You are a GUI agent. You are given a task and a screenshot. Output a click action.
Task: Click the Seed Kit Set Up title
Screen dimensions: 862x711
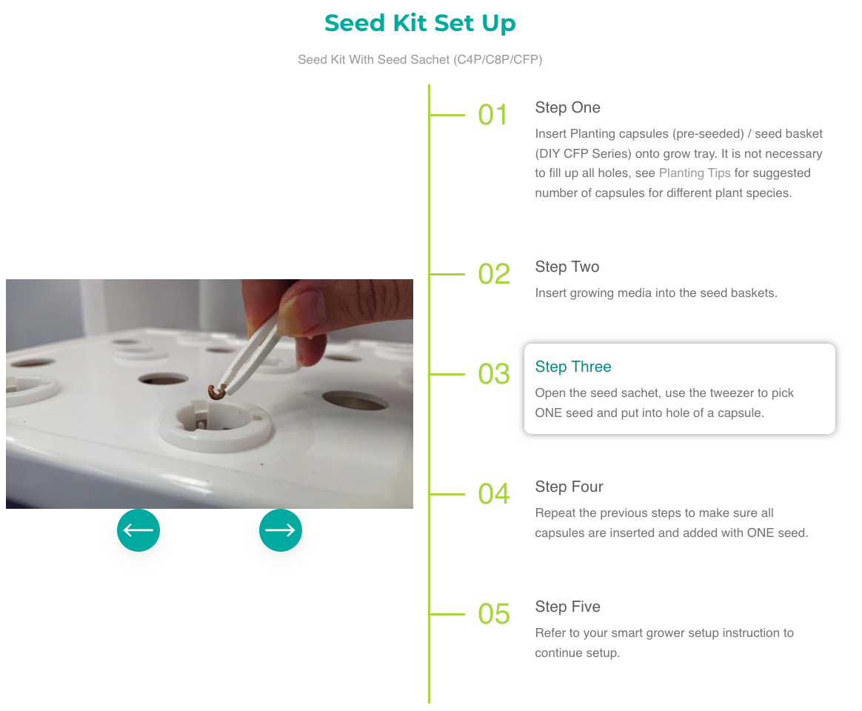420,23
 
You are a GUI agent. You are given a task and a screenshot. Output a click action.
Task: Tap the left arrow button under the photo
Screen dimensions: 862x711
138,530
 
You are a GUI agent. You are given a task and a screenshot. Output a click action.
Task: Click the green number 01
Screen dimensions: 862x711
492,115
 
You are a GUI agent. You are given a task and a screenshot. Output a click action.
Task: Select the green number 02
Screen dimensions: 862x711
494,274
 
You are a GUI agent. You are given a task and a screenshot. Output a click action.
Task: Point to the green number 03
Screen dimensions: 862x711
494,374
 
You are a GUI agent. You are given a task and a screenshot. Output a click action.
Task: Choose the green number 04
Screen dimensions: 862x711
494,494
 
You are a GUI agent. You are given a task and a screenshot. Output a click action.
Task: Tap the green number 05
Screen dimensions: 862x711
494,614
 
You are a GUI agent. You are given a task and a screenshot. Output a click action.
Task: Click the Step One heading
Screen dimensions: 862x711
567,107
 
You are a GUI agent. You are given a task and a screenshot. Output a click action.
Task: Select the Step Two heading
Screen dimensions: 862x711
567,267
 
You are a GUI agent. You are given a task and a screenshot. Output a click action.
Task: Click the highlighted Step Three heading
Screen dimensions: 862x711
573,367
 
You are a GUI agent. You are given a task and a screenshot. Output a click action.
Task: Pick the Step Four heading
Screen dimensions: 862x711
569,487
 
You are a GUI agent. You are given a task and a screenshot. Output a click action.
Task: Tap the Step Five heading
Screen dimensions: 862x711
567,607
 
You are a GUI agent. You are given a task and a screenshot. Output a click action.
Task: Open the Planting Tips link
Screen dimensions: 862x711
695,173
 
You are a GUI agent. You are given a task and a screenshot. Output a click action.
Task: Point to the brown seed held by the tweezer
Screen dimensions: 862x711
216,392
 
